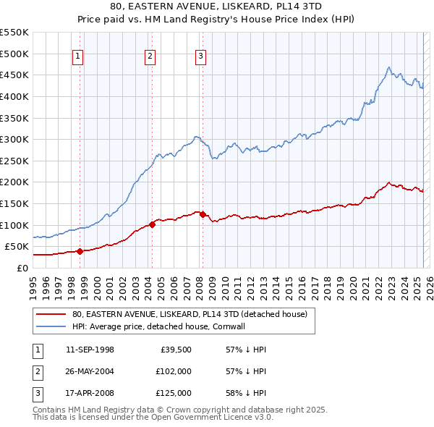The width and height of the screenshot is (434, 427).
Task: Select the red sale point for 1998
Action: point(80,251)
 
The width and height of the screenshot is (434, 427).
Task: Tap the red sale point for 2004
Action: point(153,224)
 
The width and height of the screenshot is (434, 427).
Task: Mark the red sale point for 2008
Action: point(203,214)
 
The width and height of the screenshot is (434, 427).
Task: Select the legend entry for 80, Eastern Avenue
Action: point(190,314)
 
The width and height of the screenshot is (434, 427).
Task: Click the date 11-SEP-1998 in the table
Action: point(90,350)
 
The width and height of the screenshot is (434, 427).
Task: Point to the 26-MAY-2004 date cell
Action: point(90,371)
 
